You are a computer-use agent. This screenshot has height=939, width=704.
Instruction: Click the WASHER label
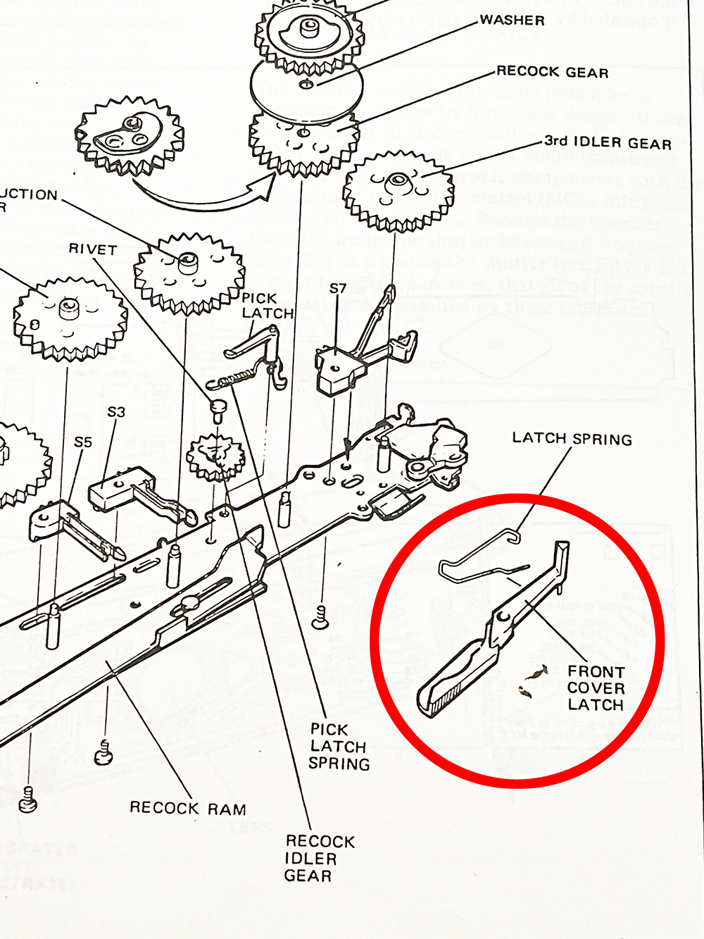pyautogui.click(x=512, y=20)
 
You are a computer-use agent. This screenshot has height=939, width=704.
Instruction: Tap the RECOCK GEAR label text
pyautogui.click(x=552, y=72)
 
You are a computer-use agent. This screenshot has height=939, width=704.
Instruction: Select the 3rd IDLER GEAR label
pyautogui.click(x=608, y=143)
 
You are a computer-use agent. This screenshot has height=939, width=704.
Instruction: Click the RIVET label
pyautogui.click(x=92, y=249)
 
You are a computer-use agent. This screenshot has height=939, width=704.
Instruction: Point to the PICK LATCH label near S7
pyautogui.click(x=267, y=306)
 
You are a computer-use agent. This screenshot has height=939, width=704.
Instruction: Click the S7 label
pyautogui.click(x=338, y=288)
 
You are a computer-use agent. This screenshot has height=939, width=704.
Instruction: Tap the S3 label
pyautogui.click(x=116, y=411)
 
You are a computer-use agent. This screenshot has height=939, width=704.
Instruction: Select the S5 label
pyautogui.click(x=83, y=442)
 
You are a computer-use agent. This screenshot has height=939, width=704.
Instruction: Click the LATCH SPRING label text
pyautogui.click(x=572, y=438)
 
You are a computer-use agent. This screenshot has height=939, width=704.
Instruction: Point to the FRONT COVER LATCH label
pyautogui.click(x=596, y=688)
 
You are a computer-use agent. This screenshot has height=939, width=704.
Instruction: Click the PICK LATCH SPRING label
pyautogui.click(x=339, y=747)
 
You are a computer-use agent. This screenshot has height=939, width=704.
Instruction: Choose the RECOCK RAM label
pyautogui.click(x=187, y=808)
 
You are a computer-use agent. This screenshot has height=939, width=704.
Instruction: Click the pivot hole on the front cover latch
pyautogui.click(x=501, y=617)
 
